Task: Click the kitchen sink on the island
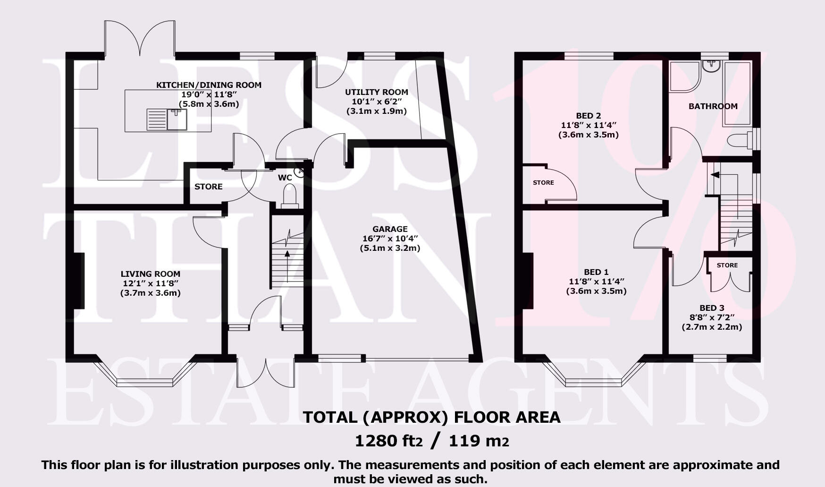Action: coord(168,119)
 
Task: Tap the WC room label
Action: coord(285,178)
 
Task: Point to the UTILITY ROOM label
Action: coord(376,92)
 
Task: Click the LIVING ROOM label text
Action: coord(150,273)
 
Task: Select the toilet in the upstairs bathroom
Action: coord(738,140)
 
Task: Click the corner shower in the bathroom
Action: coord(683,75)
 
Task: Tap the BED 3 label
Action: coord(712,308)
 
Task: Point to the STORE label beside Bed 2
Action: coord(543,182)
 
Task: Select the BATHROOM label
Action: coord(713,106)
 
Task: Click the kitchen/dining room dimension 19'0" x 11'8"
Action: coord(209,94)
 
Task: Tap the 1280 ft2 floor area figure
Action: coord(388,441)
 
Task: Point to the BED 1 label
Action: coord(596,272)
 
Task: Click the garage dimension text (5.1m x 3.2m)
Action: coord(390,248)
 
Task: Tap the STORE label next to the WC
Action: coord(208,187)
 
